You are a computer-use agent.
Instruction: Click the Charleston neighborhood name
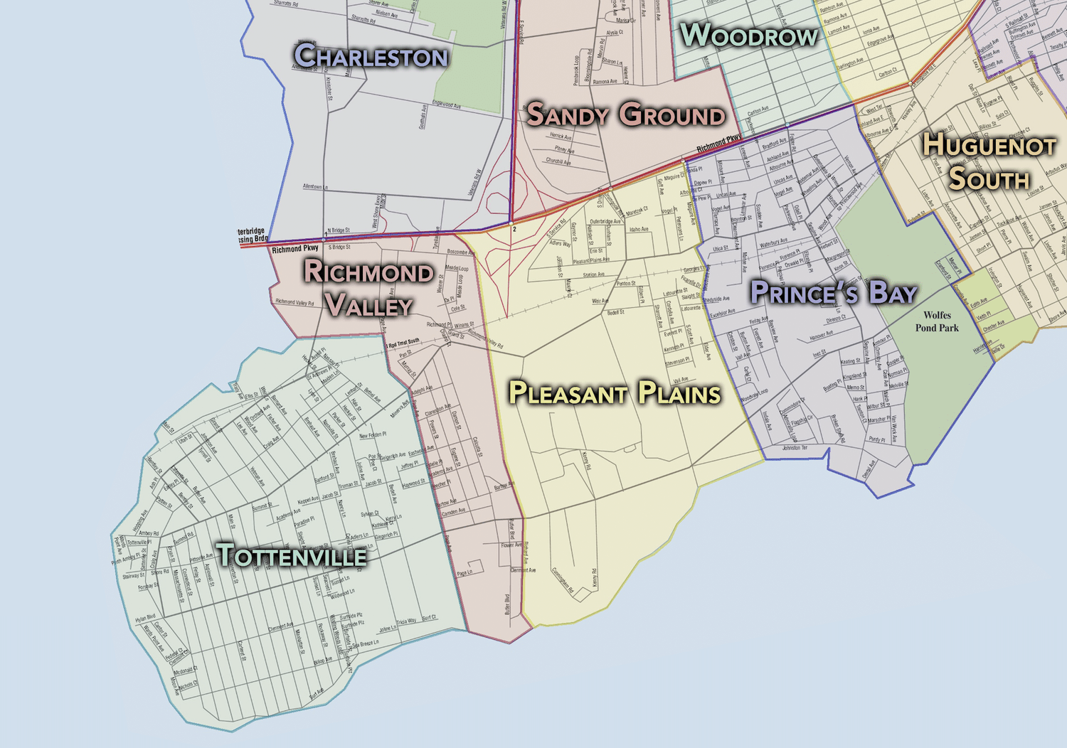click(371, 56)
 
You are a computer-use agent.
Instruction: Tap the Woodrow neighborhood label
click(749, 36)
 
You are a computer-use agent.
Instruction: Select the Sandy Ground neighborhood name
click(625, 114)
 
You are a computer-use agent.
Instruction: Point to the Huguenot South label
click(989, 161)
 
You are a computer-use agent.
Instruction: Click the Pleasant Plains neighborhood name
click(615, 393)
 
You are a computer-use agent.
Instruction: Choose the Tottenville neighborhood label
click(292, 555)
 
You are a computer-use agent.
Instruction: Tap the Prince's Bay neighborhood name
click(833, 292)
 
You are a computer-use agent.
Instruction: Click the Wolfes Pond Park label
click(937, 321)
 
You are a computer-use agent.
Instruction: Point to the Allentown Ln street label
click(315, 187)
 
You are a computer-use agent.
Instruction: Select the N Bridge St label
click(339, 230)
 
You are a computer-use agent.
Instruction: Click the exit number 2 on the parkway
click(514, 230)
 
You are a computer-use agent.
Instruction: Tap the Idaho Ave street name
click(639, 230)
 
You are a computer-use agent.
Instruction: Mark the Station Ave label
click(594, 274)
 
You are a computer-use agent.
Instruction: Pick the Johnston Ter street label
click(795, 448)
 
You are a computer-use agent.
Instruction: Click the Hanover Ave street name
click(821, 334)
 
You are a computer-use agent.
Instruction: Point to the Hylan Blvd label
click(145, 619)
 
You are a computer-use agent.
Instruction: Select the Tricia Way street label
click(406, 621)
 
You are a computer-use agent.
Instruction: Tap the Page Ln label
click(465, 572)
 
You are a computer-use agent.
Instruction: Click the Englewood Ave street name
click(447, 105)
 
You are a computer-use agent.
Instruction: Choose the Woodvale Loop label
click(754, 395)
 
